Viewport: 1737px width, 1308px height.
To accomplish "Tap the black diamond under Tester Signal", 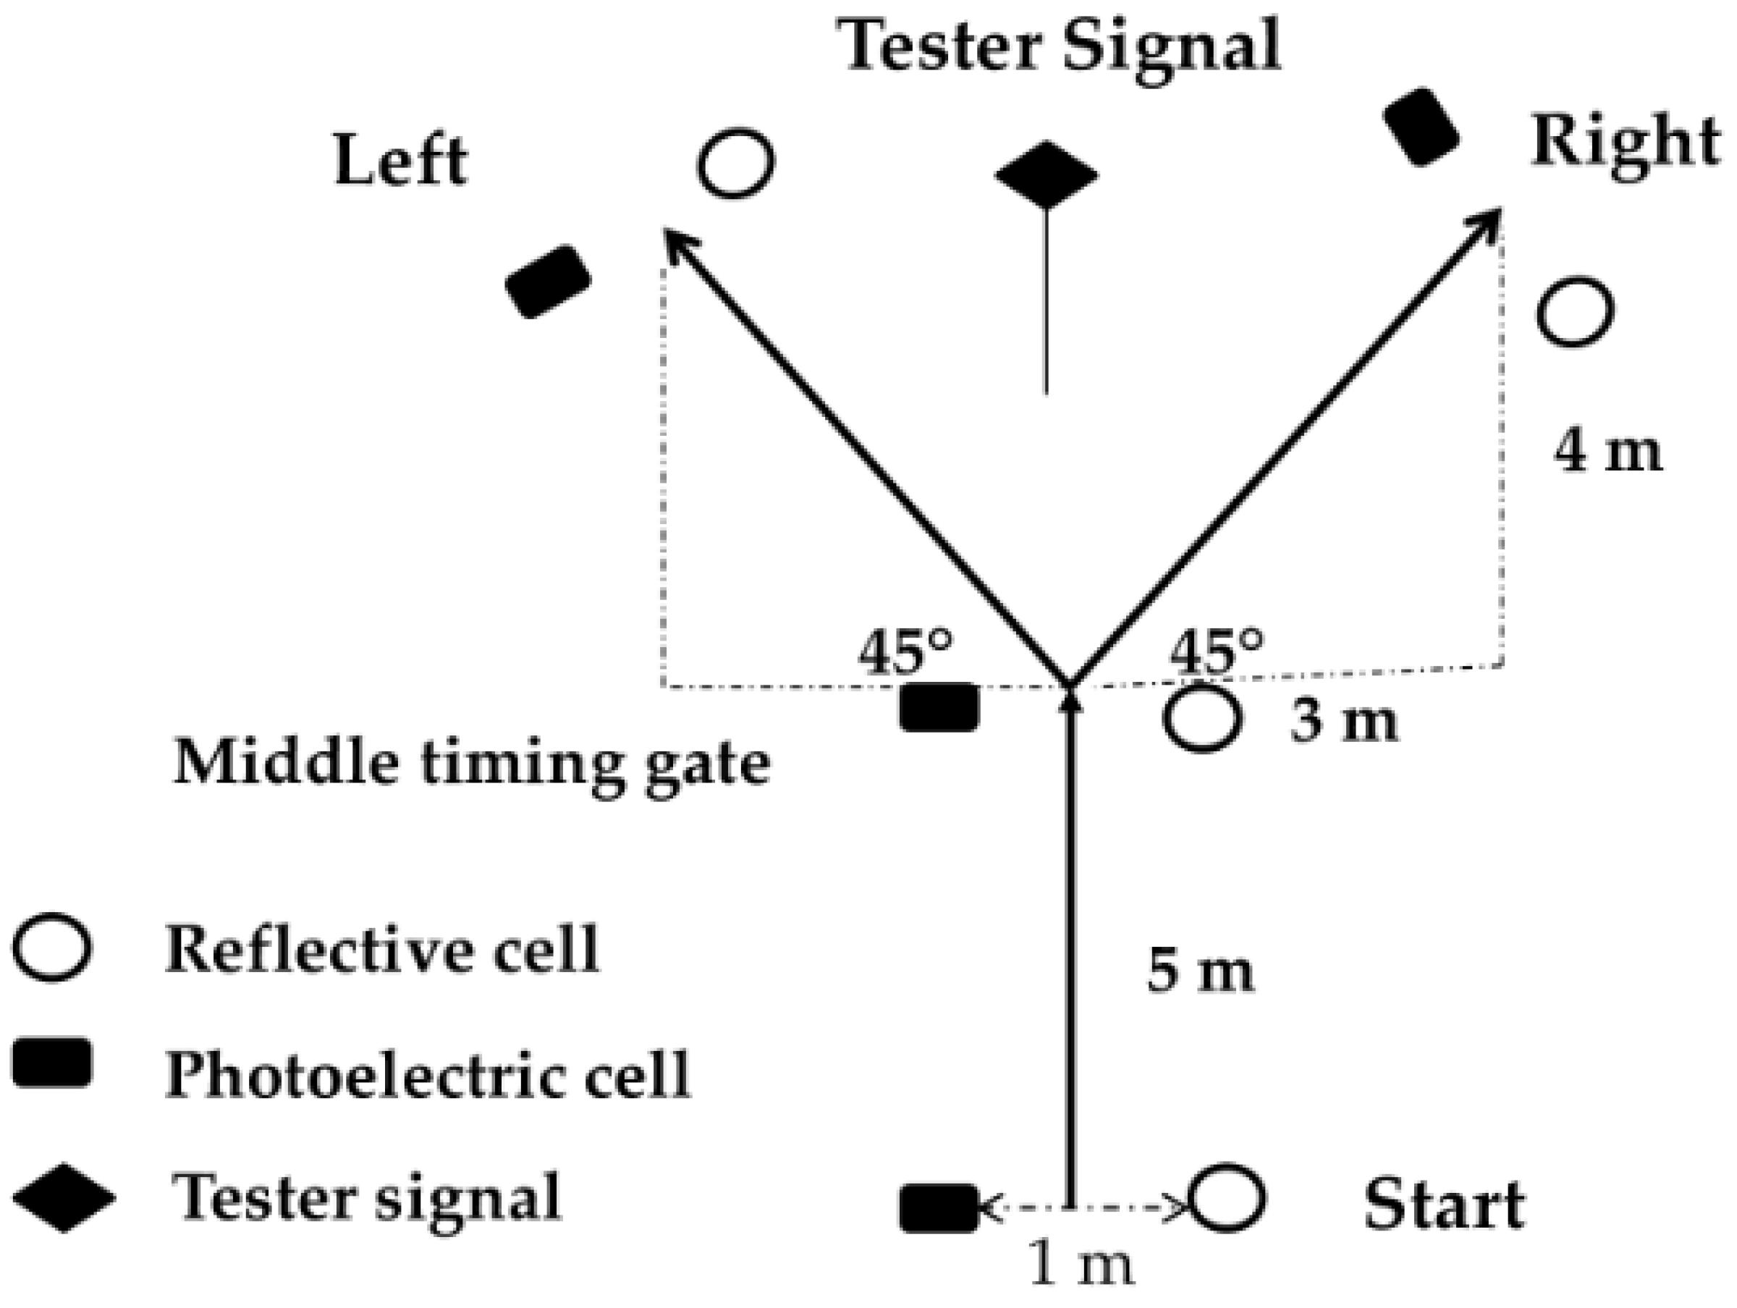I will [1046, 174].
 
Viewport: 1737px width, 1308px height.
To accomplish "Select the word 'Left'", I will [401, 161].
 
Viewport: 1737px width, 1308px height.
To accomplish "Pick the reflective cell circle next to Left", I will [736, 164].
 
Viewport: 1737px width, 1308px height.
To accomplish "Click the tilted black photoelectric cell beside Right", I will [1421, 127].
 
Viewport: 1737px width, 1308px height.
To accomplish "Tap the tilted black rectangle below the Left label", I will [548, 282].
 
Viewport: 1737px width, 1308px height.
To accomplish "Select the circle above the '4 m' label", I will [1574, 311].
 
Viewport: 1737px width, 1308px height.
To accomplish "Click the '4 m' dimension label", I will [1607, 452].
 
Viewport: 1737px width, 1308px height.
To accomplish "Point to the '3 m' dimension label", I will [1343, 721].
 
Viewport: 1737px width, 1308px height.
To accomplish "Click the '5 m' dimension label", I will [1200, 971].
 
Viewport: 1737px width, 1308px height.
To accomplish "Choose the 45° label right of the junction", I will [1217, 651].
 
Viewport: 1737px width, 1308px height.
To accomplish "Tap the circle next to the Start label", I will [1227, 1199].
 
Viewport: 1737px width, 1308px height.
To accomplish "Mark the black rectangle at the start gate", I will [939, 1207].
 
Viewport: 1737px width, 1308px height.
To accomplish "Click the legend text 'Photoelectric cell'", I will [428, 1074].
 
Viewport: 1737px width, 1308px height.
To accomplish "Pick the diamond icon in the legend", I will [64, 1198].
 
